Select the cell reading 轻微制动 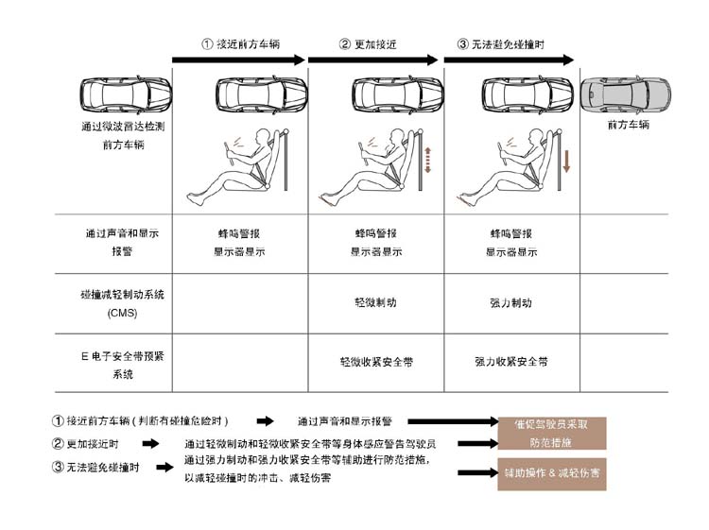click(x=376, y=303)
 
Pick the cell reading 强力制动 click(x=510, y=303)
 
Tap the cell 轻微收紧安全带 click(x=376, y=361)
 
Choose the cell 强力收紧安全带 click(x=510, y=361)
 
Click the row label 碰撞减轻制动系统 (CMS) click(x=122, y=303)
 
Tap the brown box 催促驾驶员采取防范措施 click(x=552, y=433)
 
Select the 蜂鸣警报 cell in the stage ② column click(x=376, y=231)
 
